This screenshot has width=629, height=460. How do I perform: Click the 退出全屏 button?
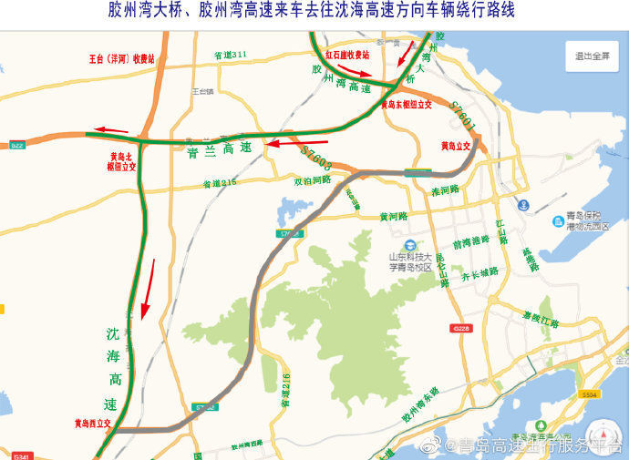(x=592, y=56)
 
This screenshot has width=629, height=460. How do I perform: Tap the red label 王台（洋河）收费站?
(x=121, y=58)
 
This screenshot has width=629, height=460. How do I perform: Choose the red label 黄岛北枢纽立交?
(x=118, y=161)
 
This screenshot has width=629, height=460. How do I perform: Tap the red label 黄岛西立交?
(x=92, y=424)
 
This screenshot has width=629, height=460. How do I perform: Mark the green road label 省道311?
(x=231, y=56)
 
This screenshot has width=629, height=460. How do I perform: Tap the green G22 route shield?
(x=17, y=146)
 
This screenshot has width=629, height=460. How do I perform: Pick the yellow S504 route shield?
(x=588, y=394)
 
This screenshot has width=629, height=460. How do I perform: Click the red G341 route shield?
(x=21, y=455)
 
